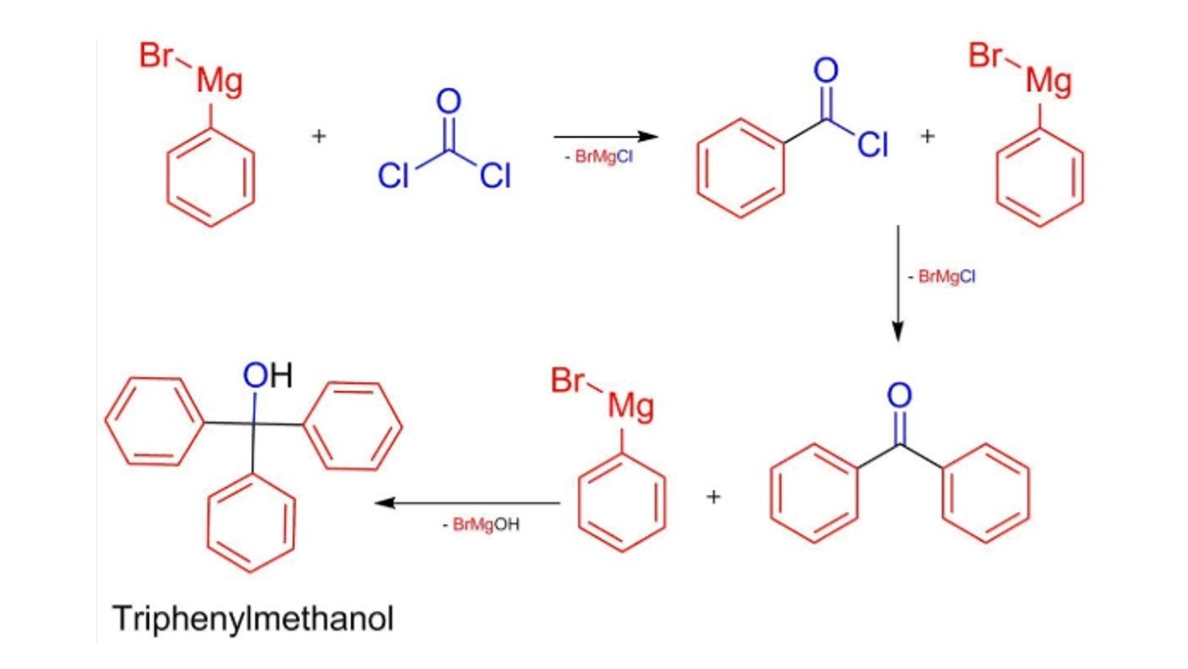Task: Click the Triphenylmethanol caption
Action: (252, 618)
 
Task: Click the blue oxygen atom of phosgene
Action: (449, 101)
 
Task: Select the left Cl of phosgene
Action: (394, 176)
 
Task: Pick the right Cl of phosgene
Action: (495, 176)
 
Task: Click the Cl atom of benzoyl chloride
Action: (872, 145)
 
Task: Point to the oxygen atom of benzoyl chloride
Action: (825, 71)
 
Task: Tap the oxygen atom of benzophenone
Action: (898, 396)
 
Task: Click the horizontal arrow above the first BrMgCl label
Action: (605, 137)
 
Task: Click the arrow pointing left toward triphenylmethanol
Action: (468, 504)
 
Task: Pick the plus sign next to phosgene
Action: (319, 137)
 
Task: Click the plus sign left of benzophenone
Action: (713, 496)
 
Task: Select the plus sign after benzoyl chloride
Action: (928, 137)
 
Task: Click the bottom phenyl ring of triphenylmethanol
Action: (252, 522)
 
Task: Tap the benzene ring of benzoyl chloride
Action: (741, 167)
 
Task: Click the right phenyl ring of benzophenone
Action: (986, 492)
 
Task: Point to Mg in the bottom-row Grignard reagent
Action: (630, 407)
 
